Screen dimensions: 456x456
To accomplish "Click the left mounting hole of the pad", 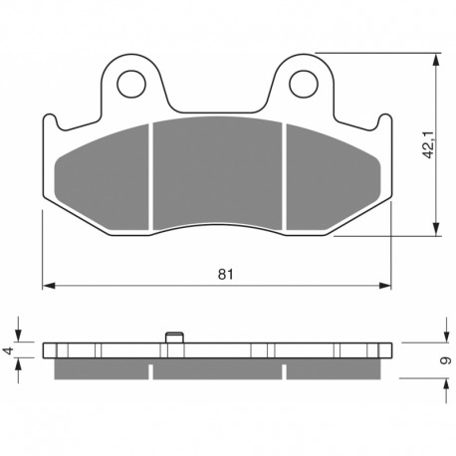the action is pos(131,84).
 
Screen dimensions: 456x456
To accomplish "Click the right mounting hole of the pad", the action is pos(304,84).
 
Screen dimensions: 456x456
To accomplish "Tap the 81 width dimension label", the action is pos(226,275).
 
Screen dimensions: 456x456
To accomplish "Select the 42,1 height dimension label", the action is pos(428,144).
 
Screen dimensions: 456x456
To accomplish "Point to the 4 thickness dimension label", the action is pos(9,350).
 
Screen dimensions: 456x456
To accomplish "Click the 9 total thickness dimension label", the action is pos(445,360).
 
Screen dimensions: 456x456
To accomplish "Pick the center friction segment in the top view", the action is pos(217,172).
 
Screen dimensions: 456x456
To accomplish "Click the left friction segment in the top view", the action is pos(102,177).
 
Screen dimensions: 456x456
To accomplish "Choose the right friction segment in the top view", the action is pos(334,177).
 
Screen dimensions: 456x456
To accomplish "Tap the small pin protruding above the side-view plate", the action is pos(174,338).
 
